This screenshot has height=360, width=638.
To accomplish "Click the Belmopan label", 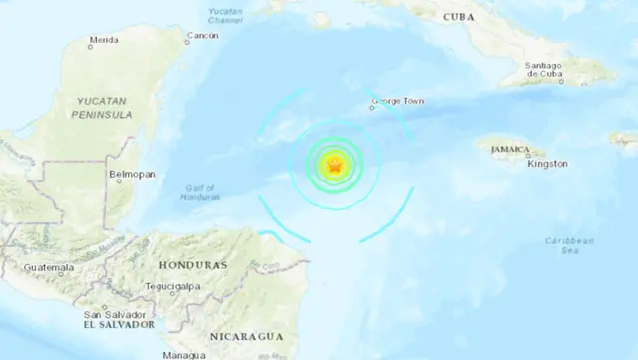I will [x=130, y=174].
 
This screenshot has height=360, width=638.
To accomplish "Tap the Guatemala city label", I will [x=50, y=268].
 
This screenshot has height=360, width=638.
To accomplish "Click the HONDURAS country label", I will [x=192, y=266].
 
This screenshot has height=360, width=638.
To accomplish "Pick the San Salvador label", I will [x=111, y=312].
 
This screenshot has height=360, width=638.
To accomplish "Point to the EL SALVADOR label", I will [x=119, y=324].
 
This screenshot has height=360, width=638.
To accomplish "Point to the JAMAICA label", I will [x=509, y=150].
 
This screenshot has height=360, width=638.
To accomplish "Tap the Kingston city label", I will [x=548, y=163].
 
